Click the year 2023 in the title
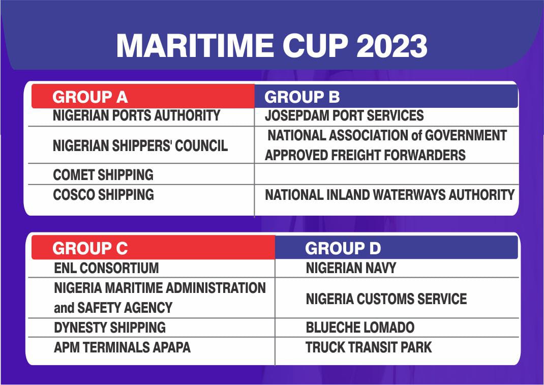(391, 45)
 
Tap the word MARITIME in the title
(195, 45)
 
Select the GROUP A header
(90, 97)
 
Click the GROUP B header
(302, 97)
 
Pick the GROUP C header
(90, 248)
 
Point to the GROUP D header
(343, 248)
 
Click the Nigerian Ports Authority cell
(136, 115)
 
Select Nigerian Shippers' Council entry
(140, 145)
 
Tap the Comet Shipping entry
(103, 174)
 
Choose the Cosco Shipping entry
(103, 194)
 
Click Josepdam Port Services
(344, 115)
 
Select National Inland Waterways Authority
(390, 195)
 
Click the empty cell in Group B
(386, 174)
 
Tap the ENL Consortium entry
(106, 268)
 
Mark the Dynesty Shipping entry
(110, 328)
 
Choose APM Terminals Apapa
(123, 347)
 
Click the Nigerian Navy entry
(351, 268)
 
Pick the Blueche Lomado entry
(360, 328)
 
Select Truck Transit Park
(369, 347)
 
